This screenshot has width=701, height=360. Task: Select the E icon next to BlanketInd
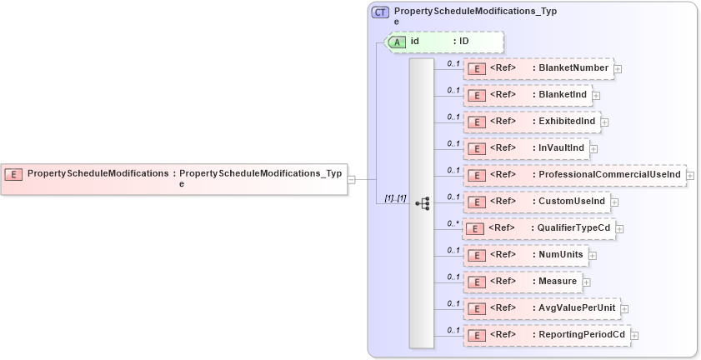point(476,95)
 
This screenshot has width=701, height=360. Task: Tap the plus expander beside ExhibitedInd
point(604,122)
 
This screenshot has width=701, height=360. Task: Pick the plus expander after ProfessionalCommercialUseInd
point(690,176)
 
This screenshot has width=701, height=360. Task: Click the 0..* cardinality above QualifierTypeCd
point(453,223)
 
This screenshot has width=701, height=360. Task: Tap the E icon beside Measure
point(476,282)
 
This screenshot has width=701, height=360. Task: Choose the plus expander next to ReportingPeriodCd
point(635,336)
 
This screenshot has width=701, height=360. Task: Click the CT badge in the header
point(380,12)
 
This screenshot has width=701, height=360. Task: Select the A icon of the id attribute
point(398,42)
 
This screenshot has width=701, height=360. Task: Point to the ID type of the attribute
point(464,42)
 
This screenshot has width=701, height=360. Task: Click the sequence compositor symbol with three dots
point(422,202)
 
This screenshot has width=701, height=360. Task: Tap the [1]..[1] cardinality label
point(394,198)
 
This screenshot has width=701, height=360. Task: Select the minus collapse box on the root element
point(352,179)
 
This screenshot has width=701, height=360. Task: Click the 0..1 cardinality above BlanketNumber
point(453,63)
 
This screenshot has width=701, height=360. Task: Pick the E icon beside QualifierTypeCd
point(475,228)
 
